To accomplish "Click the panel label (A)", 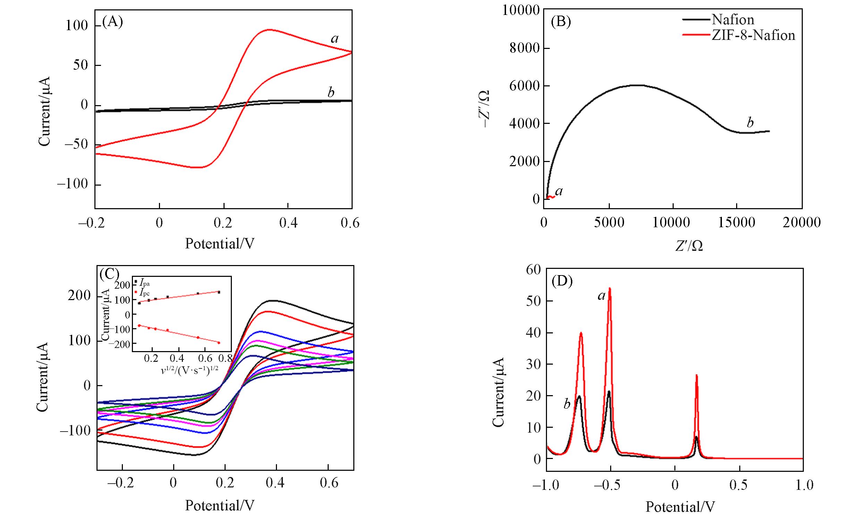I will pos(112,22).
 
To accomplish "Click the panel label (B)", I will pos(561,22).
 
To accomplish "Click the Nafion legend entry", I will pos(732,19).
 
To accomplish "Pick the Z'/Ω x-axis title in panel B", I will pos(689,246).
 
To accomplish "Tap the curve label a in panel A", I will pos(335,39).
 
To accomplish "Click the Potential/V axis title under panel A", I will pos(220,243).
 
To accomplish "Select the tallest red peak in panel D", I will pos(610,289).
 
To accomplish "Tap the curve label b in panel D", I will pos(567,404).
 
